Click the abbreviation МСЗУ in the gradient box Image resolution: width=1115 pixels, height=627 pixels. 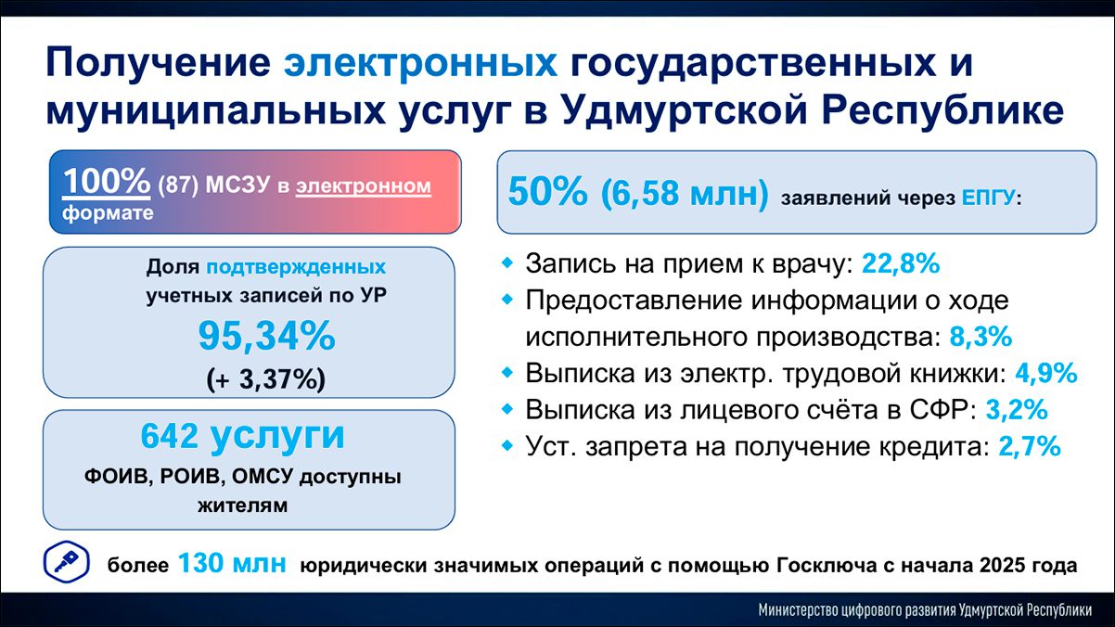237,185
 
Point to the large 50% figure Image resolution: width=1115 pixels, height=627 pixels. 547,192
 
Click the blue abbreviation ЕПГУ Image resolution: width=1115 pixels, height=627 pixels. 988,198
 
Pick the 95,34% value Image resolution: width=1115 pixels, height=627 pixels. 267,337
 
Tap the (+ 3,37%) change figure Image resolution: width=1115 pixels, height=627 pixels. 266,379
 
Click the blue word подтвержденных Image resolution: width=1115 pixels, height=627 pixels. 296,268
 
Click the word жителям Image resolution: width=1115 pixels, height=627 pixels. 243,505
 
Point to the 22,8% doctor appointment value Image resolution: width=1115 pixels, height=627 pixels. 901,263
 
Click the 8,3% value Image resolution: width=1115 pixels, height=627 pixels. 980,337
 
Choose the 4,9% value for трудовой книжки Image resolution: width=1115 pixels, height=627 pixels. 1046,373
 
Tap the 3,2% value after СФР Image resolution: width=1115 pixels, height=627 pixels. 1017,410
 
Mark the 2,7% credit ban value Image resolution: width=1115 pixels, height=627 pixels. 1030,446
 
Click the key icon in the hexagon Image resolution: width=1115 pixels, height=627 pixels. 66,563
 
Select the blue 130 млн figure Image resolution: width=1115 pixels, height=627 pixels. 232,564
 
